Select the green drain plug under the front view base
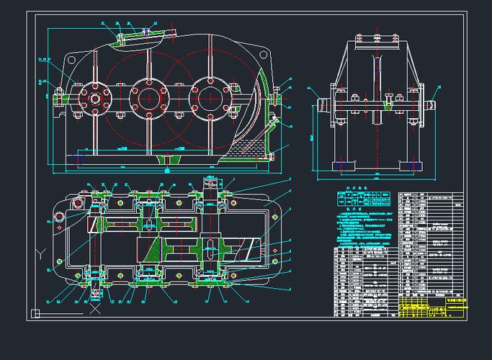click(167, 157)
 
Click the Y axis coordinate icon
click(42, 253)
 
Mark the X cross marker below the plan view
click(94, 312)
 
